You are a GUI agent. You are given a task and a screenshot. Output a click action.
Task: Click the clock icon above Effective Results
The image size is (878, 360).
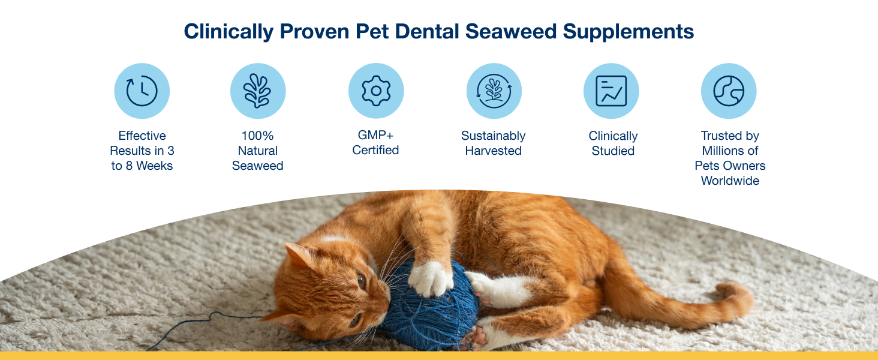142,91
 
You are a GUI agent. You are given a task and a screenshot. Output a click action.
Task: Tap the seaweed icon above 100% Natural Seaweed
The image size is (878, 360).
258,91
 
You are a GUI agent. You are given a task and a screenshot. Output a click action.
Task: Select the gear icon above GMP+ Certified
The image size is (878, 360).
376,91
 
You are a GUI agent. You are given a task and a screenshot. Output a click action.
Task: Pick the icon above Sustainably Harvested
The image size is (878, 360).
494,91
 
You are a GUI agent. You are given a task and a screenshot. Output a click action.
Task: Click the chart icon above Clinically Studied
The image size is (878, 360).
611,91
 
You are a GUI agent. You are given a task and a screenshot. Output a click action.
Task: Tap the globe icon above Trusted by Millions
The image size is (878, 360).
729,91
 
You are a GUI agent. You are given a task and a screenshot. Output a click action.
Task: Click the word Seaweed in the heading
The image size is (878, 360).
511,31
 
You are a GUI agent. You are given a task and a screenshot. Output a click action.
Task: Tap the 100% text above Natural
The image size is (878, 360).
257,136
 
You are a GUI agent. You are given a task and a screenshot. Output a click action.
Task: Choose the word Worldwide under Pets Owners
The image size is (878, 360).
730,181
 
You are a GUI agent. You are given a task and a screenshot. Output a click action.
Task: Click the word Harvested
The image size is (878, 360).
493,151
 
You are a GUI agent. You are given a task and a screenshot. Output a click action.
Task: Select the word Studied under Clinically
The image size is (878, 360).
613,151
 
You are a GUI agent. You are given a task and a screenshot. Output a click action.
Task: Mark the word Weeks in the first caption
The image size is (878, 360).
155,166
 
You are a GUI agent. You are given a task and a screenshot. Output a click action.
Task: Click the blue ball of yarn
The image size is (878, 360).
431,306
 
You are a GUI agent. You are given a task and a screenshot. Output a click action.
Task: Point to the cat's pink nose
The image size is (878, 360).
386,304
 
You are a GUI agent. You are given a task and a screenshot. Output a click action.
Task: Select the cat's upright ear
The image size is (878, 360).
300,255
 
